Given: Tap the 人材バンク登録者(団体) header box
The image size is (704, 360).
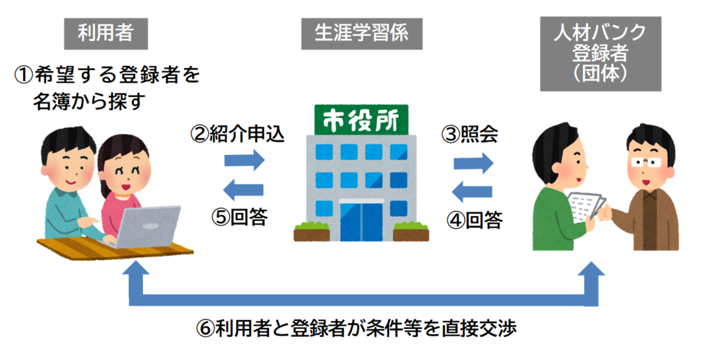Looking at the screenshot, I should pos(600,53).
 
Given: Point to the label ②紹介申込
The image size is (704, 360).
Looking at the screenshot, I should pos(238,135).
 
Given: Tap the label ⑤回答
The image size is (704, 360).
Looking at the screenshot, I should pos(240,217).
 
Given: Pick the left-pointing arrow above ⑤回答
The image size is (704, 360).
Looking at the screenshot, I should pos(244,191).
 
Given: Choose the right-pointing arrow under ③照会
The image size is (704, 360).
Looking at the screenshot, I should pos(473,162).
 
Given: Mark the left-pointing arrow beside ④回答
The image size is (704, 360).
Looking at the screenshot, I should pos(473,192).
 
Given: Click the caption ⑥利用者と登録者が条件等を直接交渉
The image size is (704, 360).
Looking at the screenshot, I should pos(356,328).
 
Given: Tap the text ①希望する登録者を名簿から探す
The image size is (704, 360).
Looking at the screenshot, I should pos(109,88).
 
